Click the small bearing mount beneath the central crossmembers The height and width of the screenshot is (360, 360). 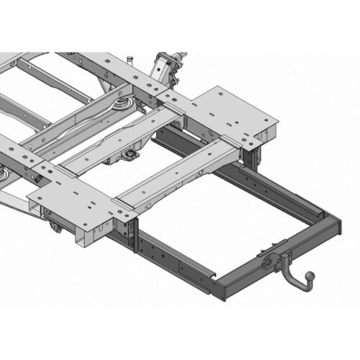(x=130, y=155)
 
